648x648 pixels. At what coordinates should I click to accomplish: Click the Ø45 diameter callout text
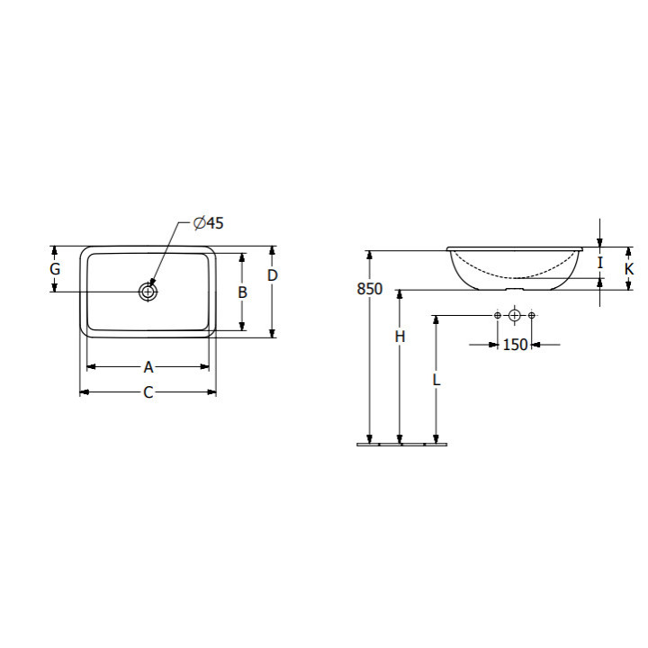point(208,223)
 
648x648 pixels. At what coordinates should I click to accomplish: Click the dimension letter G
point(55,269)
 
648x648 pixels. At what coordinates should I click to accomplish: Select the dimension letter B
point(243,292)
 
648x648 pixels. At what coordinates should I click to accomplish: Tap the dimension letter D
point(272,275)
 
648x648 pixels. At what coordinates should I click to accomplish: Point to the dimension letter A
point(148,367)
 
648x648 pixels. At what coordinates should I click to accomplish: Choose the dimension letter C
point(148,392)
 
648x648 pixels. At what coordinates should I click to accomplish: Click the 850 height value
point(370,289)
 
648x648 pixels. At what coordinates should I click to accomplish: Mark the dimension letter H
point(400,337)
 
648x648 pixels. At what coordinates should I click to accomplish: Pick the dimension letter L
point(436,380)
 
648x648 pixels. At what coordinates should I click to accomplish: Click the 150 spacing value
point(515,344)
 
